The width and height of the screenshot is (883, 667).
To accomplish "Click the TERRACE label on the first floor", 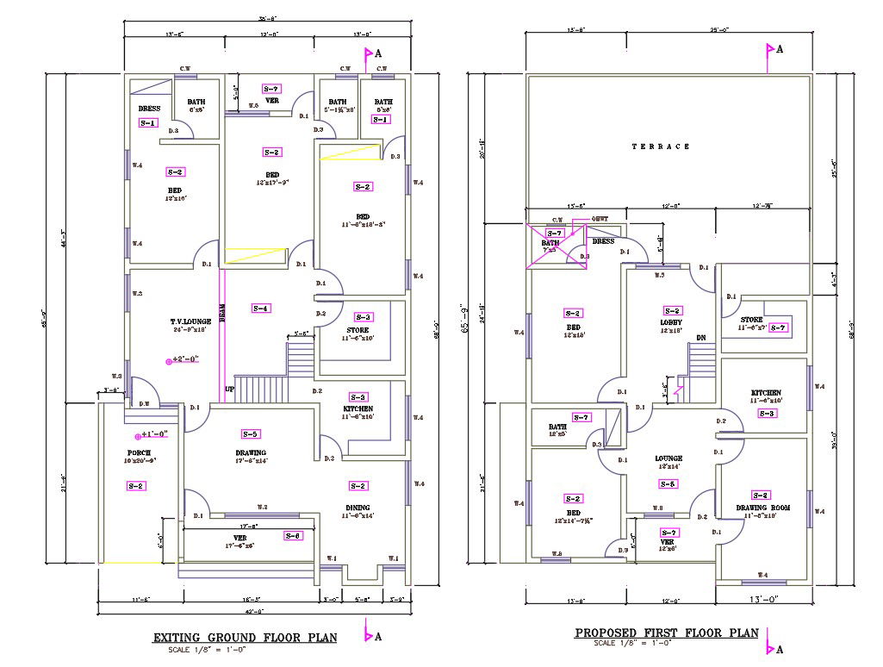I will (x=661, y=146).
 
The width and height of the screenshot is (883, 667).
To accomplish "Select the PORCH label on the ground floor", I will (x=140, y=452).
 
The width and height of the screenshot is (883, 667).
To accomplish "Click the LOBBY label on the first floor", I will (x=671, y=322).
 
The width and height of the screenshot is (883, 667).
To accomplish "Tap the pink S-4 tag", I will (x=260, y=308).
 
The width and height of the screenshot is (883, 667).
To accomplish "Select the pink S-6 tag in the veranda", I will (x=293, y=536).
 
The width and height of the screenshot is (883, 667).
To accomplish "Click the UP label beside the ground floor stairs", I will (x=229, y=390).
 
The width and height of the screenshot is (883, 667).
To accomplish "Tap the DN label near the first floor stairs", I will (x=700, y=338).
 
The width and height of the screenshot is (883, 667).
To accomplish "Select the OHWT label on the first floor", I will (x=600, y=219).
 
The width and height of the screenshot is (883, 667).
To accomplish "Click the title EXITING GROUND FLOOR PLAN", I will (x=245, y=638).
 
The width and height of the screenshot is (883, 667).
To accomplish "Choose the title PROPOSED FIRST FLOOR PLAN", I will (x=666, y=633).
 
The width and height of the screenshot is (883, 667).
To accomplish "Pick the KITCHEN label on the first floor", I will (x=766, y=392).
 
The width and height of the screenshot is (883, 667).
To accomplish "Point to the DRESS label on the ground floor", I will (x=149, y=109).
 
